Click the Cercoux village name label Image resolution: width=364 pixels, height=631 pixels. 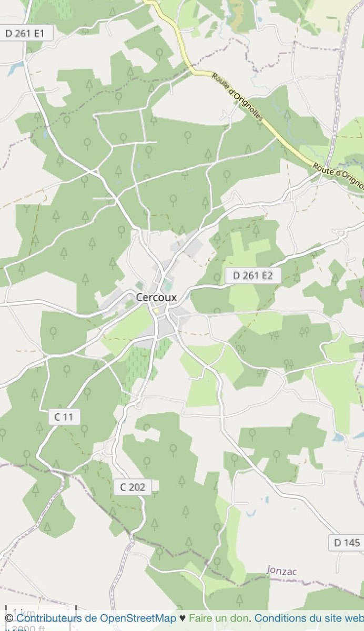point(156,297)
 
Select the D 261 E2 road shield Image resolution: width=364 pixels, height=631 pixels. point(253,275)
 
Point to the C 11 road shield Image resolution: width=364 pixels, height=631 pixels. point(64,417)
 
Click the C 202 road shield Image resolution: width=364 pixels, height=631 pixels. point(133,487)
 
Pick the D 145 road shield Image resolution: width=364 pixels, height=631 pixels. point(347,542)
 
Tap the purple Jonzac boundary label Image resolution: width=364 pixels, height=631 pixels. point(284,569)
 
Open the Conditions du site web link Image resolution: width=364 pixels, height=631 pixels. point(309,618)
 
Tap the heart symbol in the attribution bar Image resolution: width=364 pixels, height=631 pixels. point(183,618)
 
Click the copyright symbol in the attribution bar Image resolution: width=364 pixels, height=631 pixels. point(9,618)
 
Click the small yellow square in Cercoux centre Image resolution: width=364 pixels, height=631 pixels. point(156,311)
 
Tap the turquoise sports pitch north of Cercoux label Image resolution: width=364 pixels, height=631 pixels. point(167,286)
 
